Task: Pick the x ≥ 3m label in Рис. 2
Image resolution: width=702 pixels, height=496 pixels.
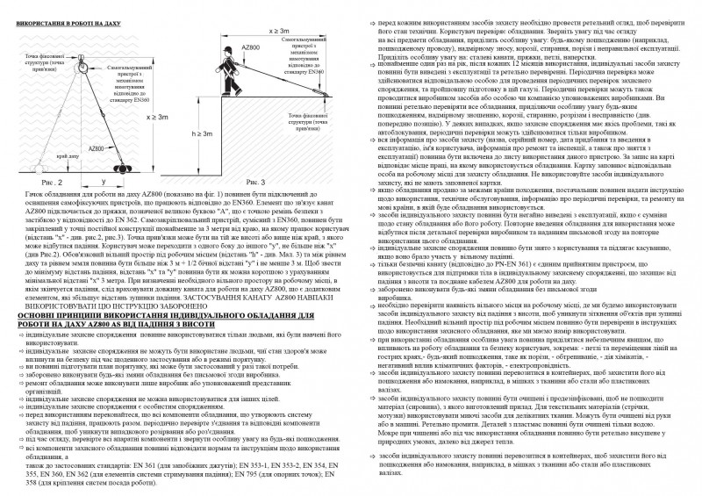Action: [x=158, y=118]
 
